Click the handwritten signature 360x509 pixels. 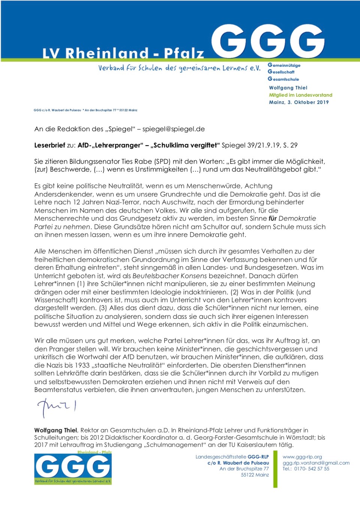click(x=56, y=407)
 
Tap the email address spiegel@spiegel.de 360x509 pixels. click(x=173, y=129)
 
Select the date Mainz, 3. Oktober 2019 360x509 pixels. click(x=298, y=102)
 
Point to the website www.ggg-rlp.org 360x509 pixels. click(x=302, y=457)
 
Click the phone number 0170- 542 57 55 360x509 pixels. click(x=311, y=469)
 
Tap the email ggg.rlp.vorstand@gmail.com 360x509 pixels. click(x=316, y=463)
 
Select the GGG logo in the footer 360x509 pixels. click(x=73, y=468)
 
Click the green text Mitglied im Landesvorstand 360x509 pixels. click(x=300, y=95)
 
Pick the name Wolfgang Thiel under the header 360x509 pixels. click(x=288, y=88)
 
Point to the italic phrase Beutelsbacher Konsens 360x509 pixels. click(x=169, y=276)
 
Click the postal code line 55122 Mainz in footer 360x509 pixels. click(x=255, y=475)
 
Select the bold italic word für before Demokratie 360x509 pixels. click(x=273, y=218)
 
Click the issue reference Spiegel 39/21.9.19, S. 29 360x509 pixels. click(x=259, y=145)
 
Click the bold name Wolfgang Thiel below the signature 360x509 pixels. click(x=55, y=430)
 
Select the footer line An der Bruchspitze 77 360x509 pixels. click(x=244, y=469)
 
